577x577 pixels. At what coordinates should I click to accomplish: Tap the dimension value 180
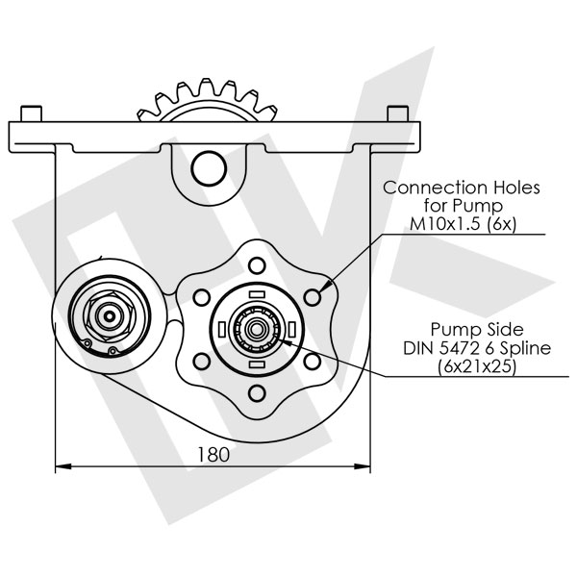213,454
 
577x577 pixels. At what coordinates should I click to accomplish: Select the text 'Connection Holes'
461,188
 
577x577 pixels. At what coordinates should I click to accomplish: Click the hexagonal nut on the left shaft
104,314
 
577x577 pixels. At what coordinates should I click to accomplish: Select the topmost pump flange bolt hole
257,265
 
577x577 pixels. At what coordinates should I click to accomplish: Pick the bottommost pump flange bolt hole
257,393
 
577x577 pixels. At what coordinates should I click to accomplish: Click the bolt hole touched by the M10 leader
313,298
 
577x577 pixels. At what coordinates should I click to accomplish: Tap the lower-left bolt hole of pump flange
201,362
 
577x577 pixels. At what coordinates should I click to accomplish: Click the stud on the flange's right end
394,113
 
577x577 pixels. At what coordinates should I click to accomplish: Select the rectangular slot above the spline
257,293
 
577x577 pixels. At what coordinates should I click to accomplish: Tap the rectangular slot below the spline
257,366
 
